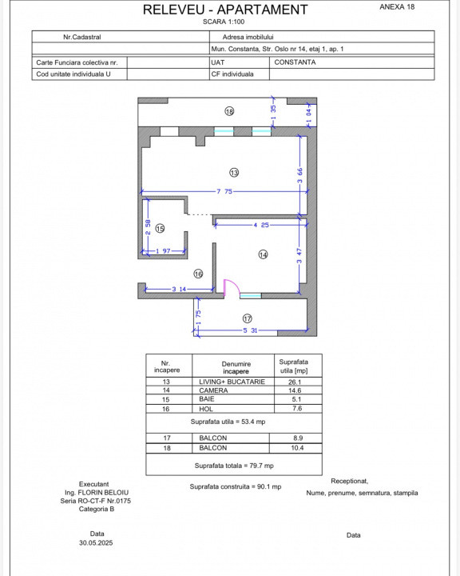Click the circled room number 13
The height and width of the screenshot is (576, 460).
tap(234, 172)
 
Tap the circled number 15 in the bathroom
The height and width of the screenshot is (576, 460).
tap(160, 229)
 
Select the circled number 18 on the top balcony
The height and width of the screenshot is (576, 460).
tap(229, 111)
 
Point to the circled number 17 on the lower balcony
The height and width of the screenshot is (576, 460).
tap(248, 318)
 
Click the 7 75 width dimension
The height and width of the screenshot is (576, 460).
tap(224, 191)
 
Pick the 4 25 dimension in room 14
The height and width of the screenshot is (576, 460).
tap(261, 225)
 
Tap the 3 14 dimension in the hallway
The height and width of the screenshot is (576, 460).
tap(179, 289)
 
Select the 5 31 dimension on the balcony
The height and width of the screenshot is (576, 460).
tap(250, 330)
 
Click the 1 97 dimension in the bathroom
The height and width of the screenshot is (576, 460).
tap(163, 251)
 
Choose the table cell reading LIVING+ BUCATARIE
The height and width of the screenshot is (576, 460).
tap(232, 382)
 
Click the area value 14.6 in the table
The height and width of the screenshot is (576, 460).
tap(295, 390)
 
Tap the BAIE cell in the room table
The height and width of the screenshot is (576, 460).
tap(207, 399)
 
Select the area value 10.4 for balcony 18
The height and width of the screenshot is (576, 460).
tap(297, 448)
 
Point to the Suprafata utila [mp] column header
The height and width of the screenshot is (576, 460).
tap(294, 366)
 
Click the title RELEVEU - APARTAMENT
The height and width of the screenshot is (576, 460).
tap(225, 10)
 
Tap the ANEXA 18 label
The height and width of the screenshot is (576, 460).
tap(397, 6)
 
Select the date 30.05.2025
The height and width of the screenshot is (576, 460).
tap(96, 542)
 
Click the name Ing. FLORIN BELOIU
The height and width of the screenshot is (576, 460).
tap(97, 492)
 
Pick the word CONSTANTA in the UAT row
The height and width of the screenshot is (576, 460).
tap(295, 62)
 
